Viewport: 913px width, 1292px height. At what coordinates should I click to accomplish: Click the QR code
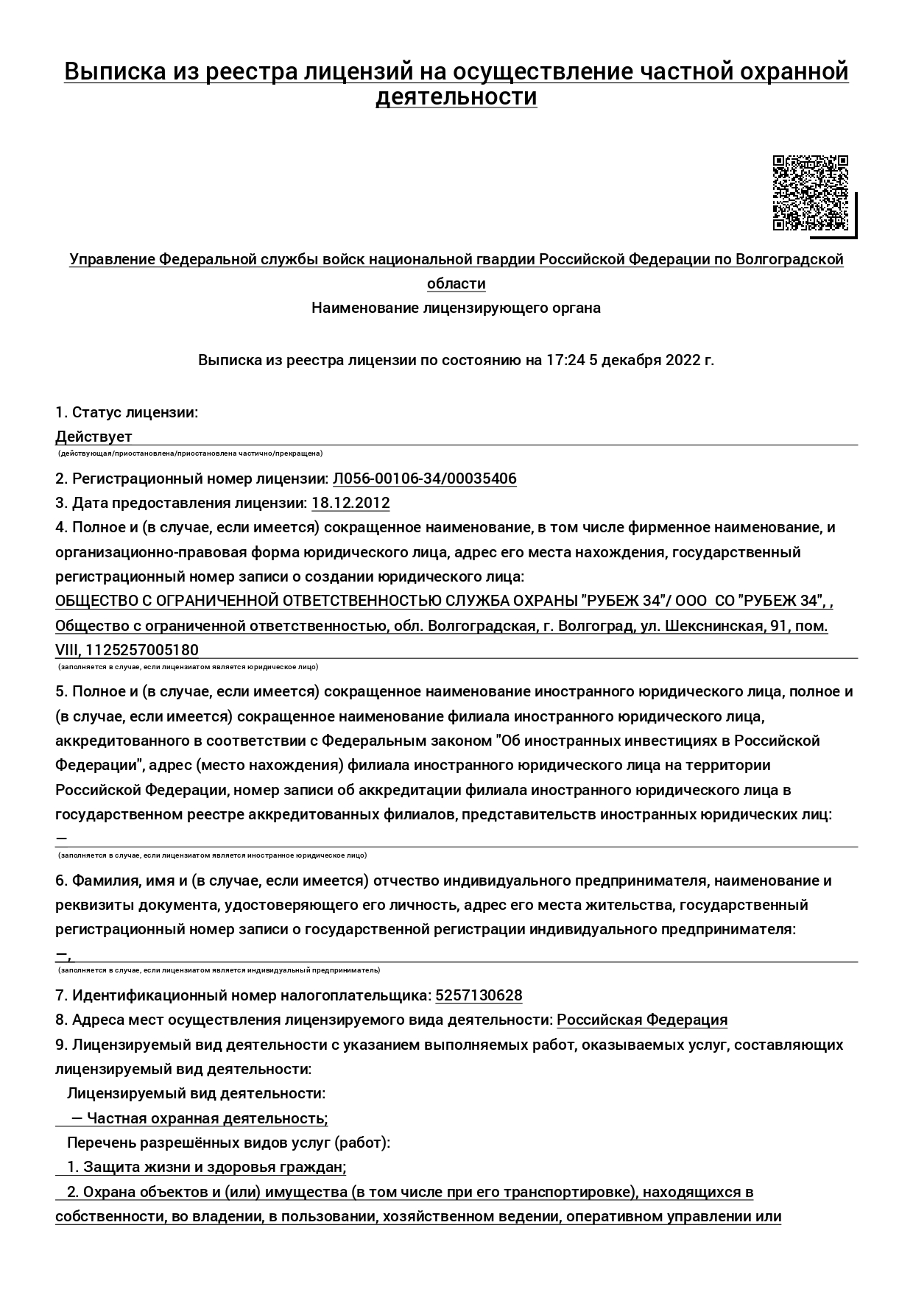(x=810, y=193)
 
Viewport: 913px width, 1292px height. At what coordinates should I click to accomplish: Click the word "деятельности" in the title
(x=456, y=97)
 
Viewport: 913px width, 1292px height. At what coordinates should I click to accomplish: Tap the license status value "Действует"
(x=94, y=437)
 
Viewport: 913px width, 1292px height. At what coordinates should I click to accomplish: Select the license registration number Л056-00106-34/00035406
(x=424, y=479)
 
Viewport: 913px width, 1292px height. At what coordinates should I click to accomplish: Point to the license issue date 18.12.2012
(x=350, y=503)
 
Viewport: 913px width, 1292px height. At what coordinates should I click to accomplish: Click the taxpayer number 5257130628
(x=479, y=995)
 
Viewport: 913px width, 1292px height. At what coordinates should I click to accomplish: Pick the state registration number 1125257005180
(x=142, y=650)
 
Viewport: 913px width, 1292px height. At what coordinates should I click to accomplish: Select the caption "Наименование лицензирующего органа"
(x=456, y=308)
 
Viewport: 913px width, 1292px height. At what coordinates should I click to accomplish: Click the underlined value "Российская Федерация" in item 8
(x=641, y=1020)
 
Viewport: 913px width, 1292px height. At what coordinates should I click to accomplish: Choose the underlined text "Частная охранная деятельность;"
(x=207, y=1118)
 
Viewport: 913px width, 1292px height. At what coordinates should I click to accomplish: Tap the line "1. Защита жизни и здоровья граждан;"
(x=206, y=1167)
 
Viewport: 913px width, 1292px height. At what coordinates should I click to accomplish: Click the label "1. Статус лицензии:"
(x=127, y=412)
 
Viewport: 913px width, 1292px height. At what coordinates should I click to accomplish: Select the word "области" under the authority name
(x=456, y=283)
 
